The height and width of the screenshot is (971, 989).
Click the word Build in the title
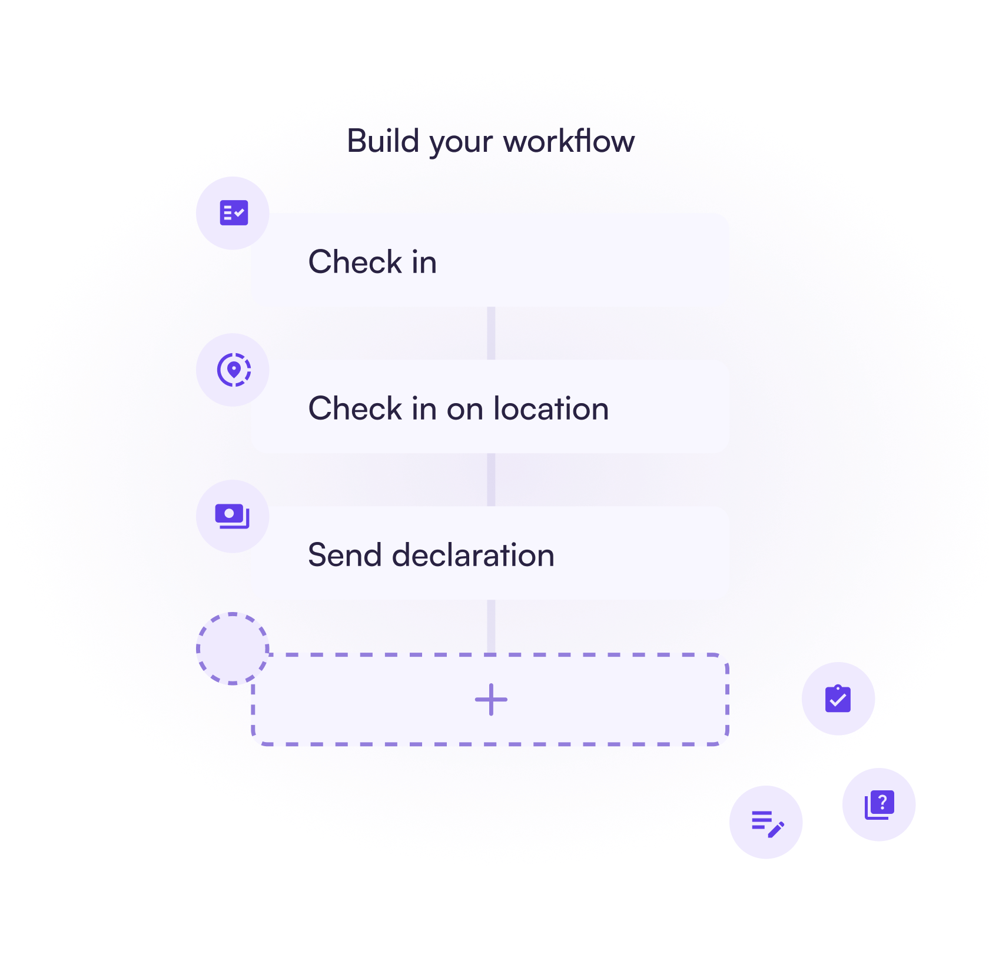pos(383,141)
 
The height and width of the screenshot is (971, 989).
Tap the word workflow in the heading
pos(569,141)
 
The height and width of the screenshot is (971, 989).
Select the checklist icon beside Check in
pos(234,213)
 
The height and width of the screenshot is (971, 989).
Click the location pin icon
pos(234,370)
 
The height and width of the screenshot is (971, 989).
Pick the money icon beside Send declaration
pos(232,516)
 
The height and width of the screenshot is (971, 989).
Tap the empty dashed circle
pos(233,649)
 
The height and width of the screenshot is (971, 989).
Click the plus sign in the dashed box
pos(491,700)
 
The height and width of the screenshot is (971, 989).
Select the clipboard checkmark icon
pos(838,699)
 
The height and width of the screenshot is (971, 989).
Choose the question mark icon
pos(880,804)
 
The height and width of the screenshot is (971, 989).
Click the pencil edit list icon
pos(767,823)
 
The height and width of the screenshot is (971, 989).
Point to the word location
pos(551,408)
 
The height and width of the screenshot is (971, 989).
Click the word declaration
pos(473,555)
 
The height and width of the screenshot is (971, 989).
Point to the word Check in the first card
pos(355,262)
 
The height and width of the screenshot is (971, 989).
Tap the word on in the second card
pos(464,409)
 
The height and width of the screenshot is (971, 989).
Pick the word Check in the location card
pos(355,408)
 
